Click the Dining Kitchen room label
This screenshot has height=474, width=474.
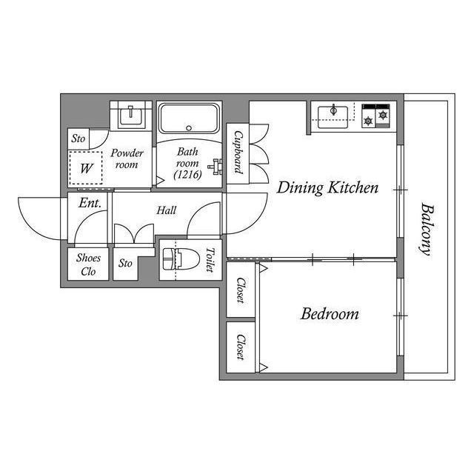point(327,187)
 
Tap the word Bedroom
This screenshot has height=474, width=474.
point(330,314)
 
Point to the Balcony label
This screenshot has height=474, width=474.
point(427,230)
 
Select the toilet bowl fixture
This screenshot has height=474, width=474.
point(181,259)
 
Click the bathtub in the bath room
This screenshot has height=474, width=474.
point(189,118)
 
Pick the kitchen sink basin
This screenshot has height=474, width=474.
point(333,117)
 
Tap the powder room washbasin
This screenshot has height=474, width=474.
point(130,116)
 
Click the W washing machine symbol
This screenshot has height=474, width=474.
point(86,168)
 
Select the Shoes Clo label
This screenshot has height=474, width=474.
point(88,264)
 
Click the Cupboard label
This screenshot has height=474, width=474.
point(238,153)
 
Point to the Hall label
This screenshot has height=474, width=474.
point(166,210)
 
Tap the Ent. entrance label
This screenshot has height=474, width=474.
point(90,203)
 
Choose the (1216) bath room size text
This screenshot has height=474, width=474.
point(187,175)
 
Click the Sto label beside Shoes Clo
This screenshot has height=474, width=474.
point(125,264)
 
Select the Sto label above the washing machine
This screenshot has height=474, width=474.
point(79,138)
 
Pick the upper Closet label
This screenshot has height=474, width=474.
point(241,290)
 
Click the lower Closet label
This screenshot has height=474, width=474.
point(241,347)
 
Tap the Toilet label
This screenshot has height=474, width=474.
point(210,259)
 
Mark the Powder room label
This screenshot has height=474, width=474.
point(127,158)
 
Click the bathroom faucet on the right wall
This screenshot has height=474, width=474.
point(216,167)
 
